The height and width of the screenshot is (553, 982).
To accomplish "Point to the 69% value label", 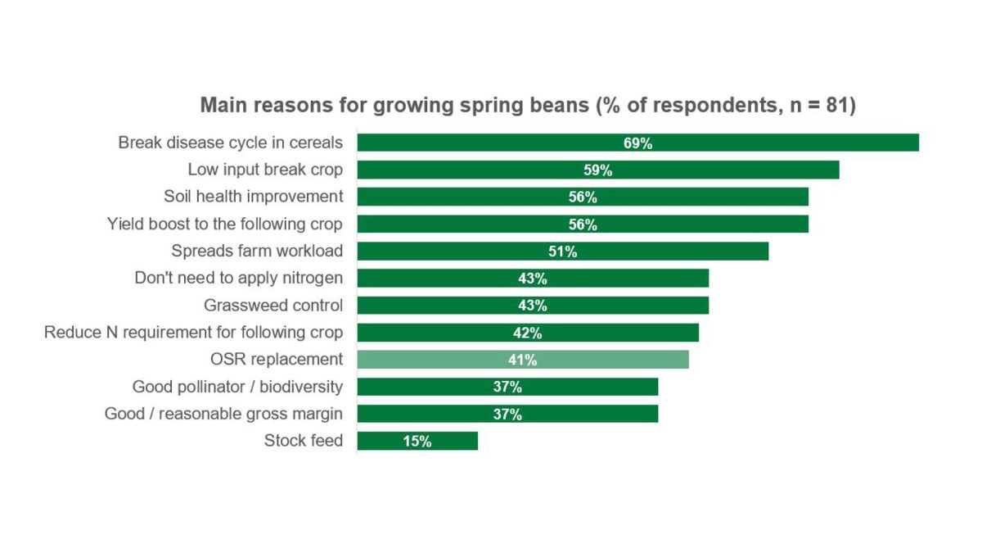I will [637, 143].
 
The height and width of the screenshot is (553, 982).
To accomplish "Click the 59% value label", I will [598, 170].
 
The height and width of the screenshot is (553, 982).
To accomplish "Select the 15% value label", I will [417, 442].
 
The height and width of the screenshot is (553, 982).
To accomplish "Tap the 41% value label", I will [522, 360].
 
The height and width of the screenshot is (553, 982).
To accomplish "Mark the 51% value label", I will [563, 252].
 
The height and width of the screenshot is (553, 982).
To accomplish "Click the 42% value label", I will [528, 333].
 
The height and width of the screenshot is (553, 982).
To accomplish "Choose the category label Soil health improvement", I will [253, 197].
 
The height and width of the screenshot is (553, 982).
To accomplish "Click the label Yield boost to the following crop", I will [225, 224].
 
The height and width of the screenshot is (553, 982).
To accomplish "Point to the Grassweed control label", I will [273, 306].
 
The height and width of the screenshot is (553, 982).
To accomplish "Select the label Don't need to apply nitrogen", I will [238, 279].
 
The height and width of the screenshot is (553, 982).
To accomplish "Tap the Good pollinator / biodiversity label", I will [237, 387].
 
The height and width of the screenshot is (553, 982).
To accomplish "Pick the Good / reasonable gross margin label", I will [223, 414].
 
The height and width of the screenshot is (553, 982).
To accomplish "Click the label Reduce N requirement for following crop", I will [193, 333].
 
